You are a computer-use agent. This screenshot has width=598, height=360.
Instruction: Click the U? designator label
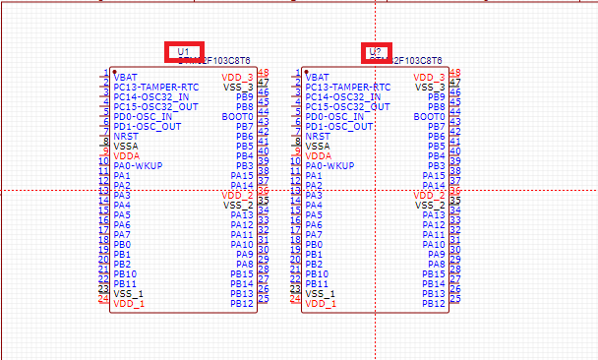click(x=375, y=52)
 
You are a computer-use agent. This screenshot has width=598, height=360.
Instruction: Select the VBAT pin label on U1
click(x=125, y=77)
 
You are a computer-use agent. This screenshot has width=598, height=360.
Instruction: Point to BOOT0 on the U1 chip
click(x=238, y=116)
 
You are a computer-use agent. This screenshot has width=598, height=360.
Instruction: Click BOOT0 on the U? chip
click(x=430, y=116)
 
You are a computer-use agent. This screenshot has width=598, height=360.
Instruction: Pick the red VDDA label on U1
click(x=126, y=155)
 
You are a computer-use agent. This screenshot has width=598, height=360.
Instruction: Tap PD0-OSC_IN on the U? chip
click(x=335, y=116)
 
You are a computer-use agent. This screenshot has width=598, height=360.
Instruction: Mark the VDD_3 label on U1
click(x=237, y=77)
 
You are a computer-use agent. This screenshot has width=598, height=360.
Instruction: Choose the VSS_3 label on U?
click(x=430, y=87)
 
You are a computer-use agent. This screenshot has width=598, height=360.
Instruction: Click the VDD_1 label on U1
click(x=128, y=303)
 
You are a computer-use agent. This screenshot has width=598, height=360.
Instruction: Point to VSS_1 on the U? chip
click(x=320, y=293)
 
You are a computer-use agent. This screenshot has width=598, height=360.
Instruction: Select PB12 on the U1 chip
click(x=242, y=303)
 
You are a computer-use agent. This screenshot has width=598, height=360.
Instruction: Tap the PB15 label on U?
click(x=434, y=273)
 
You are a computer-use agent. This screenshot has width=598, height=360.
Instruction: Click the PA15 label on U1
click(x=242, y=175)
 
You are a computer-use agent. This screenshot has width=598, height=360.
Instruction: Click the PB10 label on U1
click(x=125, y=273)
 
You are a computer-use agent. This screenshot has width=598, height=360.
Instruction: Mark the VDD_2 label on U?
click(x=430, y=195)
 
